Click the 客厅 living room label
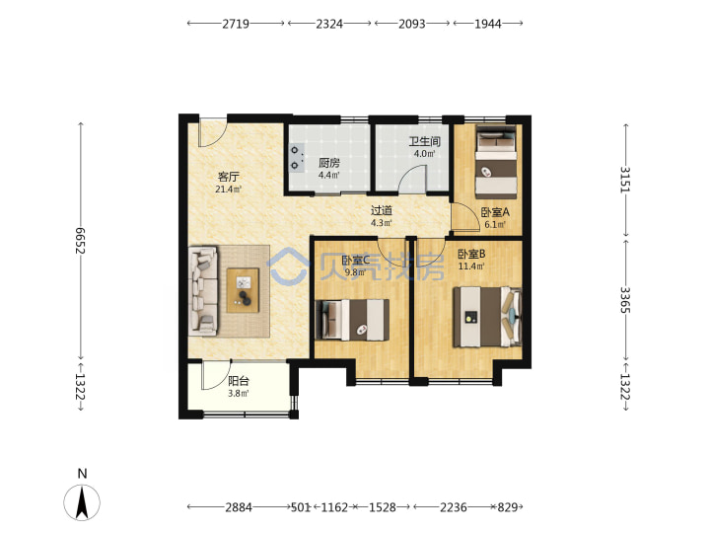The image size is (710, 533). coord(229,177)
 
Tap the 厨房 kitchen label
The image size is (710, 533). coord(329,163)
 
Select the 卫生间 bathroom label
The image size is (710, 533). coord(425,141)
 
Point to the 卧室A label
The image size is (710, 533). coord(495,211)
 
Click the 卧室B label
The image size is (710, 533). coord(471,254)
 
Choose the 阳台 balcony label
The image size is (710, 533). coord(239,381)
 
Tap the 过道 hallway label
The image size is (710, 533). coord(382,210)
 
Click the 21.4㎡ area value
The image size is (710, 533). coord(228,189)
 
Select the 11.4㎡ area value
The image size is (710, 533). coord(471,266)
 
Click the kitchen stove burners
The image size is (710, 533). coord(296,158)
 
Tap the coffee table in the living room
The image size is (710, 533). coord(244,290)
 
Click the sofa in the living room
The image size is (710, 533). coord(203,290)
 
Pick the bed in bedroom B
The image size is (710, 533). coord(488,317)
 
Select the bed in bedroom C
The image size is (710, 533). coord(352,320)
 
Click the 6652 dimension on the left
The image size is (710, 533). coord(81,240)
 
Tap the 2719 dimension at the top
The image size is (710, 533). coord(236,23)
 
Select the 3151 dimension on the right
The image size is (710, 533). coord(625,180)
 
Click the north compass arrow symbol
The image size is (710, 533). coord(82,502)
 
